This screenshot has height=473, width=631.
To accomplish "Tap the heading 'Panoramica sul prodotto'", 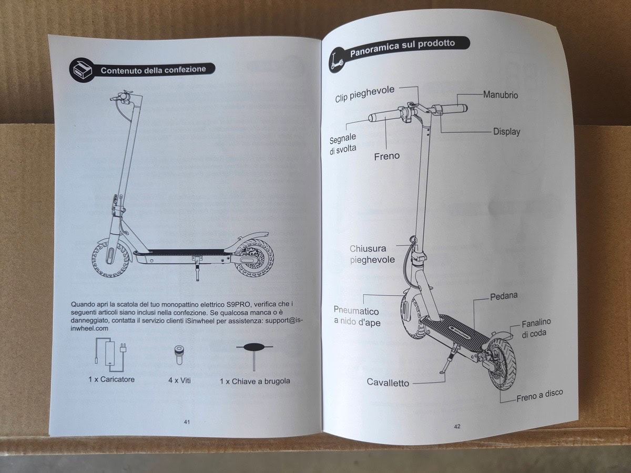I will coord(402,48).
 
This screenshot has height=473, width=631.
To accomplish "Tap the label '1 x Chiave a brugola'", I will coord(255,381).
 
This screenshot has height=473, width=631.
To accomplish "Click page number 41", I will coord(187,421).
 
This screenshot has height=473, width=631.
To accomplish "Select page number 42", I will coord(456,426).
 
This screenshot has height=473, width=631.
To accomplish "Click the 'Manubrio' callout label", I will coord(500,95).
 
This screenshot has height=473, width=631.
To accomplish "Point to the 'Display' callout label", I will coord(506,131).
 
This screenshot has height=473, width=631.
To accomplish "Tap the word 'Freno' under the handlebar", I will coord(386,156).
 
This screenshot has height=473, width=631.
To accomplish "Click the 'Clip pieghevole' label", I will coord(364,94).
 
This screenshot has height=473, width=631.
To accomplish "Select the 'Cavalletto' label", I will coord(388,383).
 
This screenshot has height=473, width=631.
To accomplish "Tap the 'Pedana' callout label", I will coord(503,296).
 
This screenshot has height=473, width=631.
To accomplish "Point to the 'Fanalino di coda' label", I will coord(535,328).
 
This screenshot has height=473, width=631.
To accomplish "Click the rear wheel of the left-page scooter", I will coord(254,259).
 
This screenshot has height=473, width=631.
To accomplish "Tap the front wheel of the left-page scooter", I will coord(110,258).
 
